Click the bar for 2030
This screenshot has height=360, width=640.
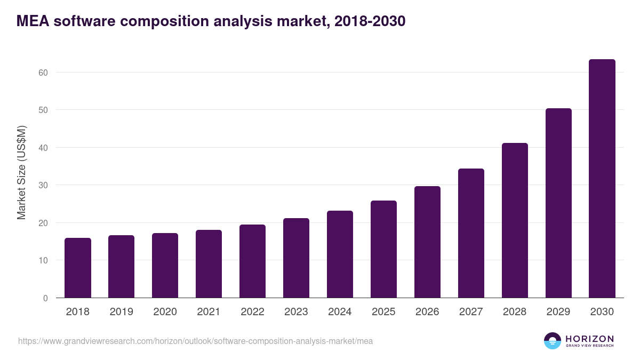[x=602, y=179]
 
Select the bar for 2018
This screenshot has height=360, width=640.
[x=78, y=268]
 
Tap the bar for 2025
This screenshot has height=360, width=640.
[x=383, y=249]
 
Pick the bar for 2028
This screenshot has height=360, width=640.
[x=515, y=220]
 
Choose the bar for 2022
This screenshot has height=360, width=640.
[x=252, y=261]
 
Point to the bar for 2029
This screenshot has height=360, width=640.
[x=558, y=203]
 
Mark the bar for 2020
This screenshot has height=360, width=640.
[x=165, y=266]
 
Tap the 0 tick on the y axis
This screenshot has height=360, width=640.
[x=45, y=298]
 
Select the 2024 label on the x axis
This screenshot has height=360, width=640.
[x=340, y=312]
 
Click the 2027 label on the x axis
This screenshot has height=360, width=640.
[x=471, y=312]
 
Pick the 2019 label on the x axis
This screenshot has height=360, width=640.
[x=121, y=312]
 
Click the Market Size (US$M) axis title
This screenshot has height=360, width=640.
[x=21, y=172]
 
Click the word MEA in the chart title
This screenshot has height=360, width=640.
[x=33, y=21]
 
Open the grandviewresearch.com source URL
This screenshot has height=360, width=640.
[x=195, y=341]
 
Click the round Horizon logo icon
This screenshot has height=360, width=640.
[x=553, y=341]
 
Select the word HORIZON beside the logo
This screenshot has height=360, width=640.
[x=589, y=339]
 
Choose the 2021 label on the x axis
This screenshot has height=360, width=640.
[x=209, y=312]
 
